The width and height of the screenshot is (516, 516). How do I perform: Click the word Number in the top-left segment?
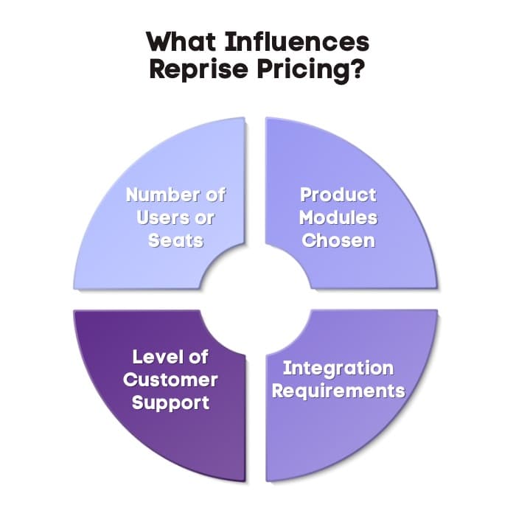[163, 195]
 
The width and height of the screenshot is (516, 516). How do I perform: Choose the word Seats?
[175, 240]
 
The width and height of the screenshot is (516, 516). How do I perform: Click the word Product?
[338, 195]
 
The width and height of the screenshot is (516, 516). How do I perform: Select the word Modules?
[338, 217]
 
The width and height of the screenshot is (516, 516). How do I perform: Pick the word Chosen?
[338, 240]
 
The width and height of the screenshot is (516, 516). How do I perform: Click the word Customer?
[170, 380]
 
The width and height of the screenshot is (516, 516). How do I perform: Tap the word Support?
[170, 402]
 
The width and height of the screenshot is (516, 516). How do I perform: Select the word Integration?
[338, 368]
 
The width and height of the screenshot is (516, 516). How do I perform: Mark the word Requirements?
[338, 391]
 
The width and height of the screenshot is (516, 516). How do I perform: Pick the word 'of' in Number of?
[214, 195]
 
